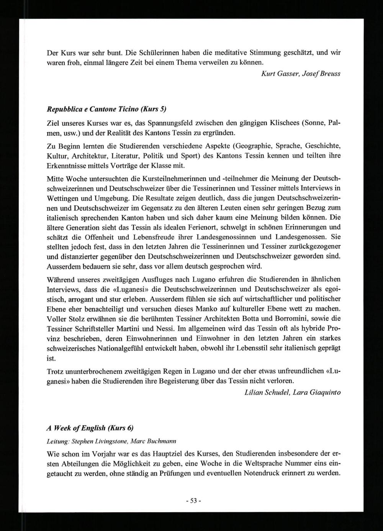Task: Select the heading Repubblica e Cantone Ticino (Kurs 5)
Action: pos(106,109)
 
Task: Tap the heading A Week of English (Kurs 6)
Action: pos(90,427)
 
